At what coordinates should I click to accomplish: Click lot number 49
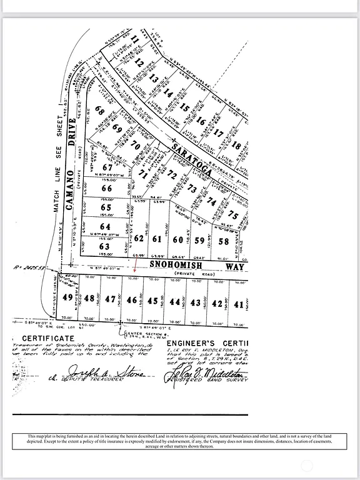click(67, 297)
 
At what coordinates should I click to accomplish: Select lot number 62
click(139, 238)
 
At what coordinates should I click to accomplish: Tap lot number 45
click(153, 301)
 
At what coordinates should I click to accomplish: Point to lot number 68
click(99, 111)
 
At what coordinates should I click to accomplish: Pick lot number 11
click(134, 39)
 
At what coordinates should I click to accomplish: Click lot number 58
click(223, 241)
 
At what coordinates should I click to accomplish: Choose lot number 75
click(233, 215)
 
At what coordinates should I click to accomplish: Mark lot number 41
click(238, 304)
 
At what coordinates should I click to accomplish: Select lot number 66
click(107, 188)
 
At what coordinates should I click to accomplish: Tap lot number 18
click(236, 146)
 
